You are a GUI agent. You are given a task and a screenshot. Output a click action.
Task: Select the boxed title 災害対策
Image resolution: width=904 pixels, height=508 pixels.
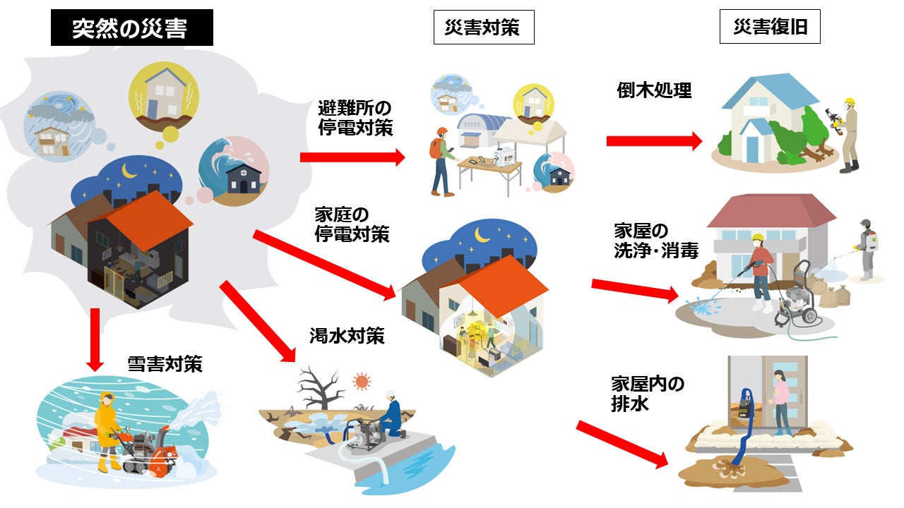pos(483,28)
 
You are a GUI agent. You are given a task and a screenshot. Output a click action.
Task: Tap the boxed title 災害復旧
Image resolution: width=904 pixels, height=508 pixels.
pos(770,28)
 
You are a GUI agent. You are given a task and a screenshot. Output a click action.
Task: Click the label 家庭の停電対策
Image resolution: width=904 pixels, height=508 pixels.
pos(352,224)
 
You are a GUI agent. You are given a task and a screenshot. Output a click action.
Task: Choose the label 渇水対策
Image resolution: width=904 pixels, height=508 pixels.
pos(347,335)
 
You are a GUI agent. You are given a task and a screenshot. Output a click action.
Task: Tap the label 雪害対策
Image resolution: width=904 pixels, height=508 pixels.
pos(164,364)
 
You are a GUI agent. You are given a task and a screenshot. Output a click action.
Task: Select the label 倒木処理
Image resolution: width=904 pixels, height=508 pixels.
pos(654,90)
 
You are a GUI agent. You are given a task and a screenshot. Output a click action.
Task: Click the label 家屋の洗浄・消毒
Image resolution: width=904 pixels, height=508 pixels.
pos(655,241)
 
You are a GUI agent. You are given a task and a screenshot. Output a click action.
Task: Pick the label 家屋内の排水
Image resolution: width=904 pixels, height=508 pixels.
pos(647,394)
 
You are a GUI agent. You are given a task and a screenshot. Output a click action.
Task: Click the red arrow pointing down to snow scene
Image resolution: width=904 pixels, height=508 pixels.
pos(95,341)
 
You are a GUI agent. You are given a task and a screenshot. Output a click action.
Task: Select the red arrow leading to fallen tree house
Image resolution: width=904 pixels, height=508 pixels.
pos(654,141)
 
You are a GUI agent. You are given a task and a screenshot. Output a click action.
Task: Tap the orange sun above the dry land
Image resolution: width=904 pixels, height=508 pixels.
pos(362,382)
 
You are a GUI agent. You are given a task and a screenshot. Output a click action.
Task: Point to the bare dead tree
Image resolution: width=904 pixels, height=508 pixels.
pos(319,388)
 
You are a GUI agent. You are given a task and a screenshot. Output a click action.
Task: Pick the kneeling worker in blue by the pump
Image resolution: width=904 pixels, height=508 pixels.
pos(390,416)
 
